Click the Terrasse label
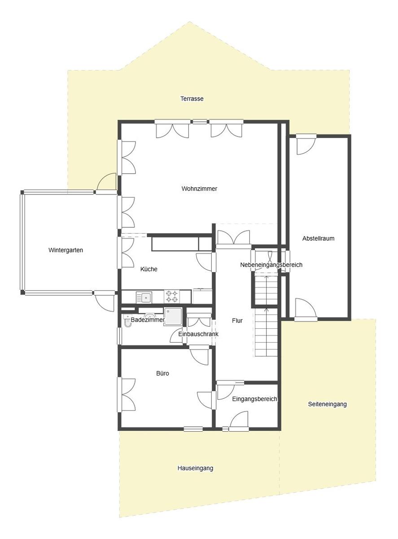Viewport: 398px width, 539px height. [x=192, y=99]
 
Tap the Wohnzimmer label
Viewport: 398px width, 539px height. [x=199, y=189]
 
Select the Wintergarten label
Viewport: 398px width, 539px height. [x=66, y=250]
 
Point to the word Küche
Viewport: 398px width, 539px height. [x=149, y=269]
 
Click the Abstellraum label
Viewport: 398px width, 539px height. [x=318, y=239]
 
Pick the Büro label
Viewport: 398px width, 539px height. [x=162, y=373]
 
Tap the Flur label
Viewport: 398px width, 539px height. [x=237, y=321]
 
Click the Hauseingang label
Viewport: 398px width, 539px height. [x=195, y=468]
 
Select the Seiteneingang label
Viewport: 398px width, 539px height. [x=327, y=404]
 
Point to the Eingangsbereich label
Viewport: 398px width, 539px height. [x=254, y=399]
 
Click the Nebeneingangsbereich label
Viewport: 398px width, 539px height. [x=271, y=265]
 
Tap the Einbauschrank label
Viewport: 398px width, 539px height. [x=198, y=334]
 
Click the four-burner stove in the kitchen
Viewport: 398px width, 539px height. [x=172, y=296]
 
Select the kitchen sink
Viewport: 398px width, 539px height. [x=144, y=297]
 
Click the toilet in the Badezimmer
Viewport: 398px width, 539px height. [x=127, y=321]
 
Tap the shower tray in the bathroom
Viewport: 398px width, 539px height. [x=173, y=316]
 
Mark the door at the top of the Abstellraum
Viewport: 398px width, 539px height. [x=306, y=145]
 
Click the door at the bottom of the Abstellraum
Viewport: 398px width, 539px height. [x=306, y=308]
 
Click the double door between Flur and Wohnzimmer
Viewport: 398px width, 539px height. [x=233, y=238]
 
